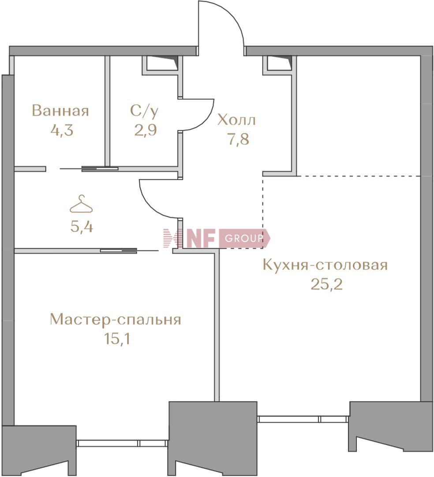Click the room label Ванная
(60, 111)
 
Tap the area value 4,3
(62, 130)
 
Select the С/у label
(144, 111)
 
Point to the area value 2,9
(146, 130)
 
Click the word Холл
(237, 121)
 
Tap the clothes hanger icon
(82, 204)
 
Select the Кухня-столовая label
(325, 265)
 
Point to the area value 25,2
(326, 285)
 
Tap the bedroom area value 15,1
(117, 339)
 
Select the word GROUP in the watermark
(243, 238)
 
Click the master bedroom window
(123, 443)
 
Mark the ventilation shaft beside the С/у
(160, 64)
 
